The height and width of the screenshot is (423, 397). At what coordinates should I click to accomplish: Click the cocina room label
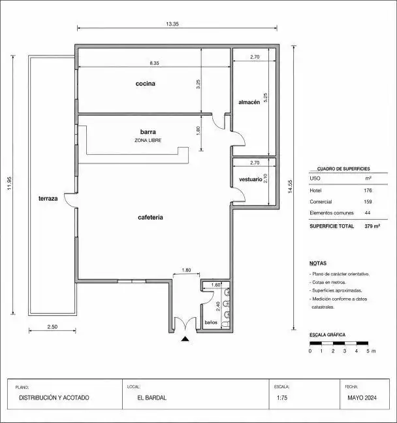click(x=145, y=84)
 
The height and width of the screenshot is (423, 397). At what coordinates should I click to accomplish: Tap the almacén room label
click(x=249, y=102)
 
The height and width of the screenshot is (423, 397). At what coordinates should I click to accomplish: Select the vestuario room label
click(x=250, y=179)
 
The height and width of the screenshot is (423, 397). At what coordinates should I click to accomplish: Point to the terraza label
click(x=48, y=199)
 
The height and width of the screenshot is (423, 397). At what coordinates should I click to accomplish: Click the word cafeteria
click(x=150, y=218)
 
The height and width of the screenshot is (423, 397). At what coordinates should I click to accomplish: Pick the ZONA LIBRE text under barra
click(x=148, y=141)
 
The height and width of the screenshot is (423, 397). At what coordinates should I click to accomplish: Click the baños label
click(x=211, y=322)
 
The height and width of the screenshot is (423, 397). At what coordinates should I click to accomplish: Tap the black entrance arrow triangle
click(x=185, y=339)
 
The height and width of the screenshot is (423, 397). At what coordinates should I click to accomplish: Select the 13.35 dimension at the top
click(x=172, y=24)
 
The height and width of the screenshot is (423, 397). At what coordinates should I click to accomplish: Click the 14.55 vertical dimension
click(x=290, y=187)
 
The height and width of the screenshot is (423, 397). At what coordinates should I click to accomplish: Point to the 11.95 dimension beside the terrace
click(x=9, y=184)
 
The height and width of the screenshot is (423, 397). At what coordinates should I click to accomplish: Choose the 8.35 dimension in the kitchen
click(x=155, y=63)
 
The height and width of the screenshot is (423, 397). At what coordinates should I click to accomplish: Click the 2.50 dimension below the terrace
click(x=52, y=327)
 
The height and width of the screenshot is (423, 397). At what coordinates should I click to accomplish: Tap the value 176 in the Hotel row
click(x=368, y=190)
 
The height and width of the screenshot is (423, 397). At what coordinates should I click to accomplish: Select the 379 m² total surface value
click(x=372, y=226)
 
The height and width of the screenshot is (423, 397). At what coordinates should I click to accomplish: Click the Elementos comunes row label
click(x=332, y=213)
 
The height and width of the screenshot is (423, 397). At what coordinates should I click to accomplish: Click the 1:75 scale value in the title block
click(x=282, y=398)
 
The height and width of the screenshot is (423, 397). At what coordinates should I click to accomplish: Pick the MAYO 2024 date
click(x=362, y=398)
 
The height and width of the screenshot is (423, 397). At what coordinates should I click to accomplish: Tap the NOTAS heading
click(x=318, y=263)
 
